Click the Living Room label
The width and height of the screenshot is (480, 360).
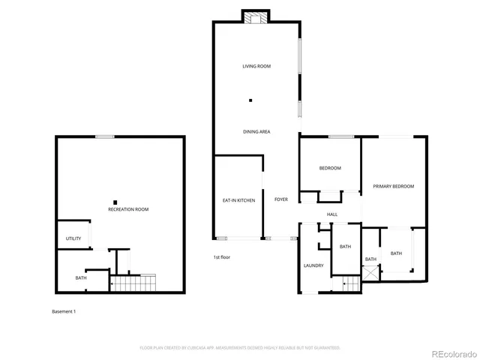[x=256, y=67]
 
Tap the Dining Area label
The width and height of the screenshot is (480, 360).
[x=256, y=132]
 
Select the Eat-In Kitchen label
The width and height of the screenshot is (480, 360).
[x=238, y=200]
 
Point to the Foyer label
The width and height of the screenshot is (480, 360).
[x=281, y=199]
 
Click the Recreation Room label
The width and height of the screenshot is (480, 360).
[x=128, y=209]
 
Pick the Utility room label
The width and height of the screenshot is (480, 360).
[x=73, y=238]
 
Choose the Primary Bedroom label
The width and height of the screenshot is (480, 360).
[x=394, y=186]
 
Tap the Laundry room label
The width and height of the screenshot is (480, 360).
[x=313, y=265]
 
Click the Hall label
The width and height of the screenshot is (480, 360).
[x=332, y=214]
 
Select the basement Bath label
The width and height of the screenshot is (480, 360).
[x=81, y=278]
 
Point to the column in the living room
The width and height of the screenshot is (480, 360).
[x=251, y=100]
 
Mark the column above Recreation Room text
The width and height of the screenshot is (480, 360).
[x=115, y=200]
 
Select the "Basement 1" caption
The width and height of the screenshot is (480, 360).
[x=64, y=311]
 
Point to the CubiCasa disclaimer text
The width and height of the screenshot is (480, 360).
[x=240, y=348]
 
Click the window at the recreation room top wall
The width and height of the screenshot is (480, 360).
[x=104, y=136]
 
